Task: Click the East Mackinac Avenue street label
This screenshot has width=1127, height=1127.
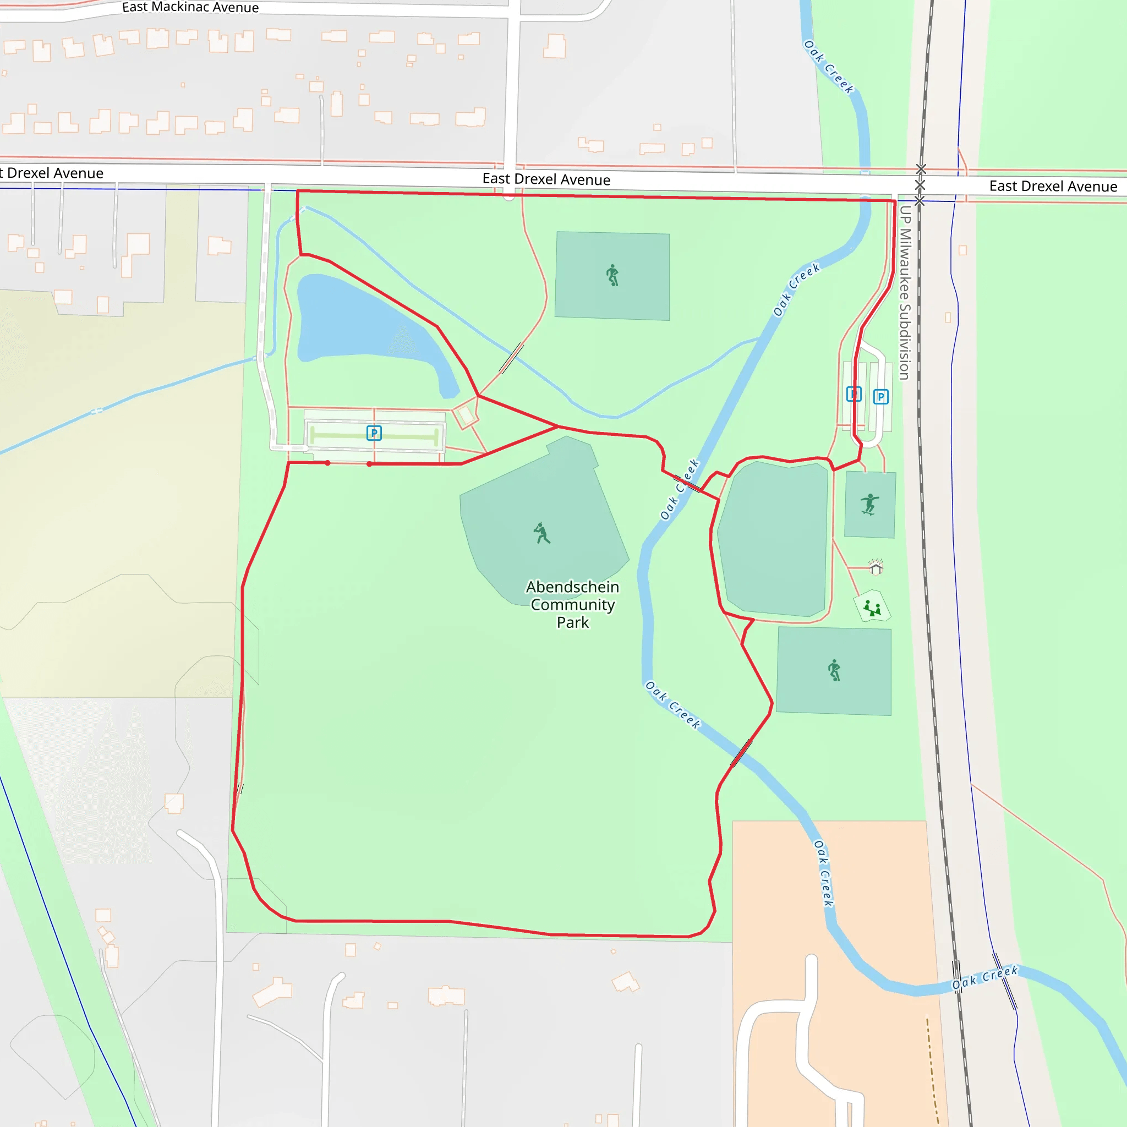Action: click(x=190, y=8)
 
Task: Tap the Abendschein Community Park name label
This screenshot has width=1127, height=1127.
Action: click(x=572, y=604)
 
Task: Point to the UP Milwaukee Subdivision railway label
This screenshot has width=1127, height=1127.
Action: click(x=904, y=292)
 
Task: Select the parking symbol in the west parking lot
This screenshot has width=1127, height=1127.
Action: click(x=374, y=433)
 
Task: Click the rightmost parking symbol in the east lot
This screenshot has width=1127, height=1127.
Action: click(x=880, y=397)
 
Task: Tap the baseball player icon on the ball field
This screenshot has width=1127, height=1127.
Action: click(x=541, y=533)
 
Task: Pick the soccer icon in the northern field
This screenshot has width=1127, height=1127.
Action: click(x=612, y=275)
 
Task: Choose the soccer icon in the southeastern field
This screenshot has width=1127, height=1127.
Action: click(x=834, y=670)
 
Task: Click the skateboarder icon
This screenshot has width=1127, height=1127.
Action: click(x=869, y=504)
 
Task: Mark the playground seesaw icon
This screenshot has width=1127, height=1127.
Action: click(x=872, y=608)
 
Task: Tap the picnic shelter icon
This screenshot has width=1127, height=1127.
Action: click(x=876, y=567)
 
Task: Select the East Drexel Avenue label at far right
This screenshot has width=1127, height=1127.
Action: click(x=1053, y=186)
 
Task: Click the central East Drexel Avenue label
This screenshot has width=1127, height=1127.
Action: click(x=546, y=179)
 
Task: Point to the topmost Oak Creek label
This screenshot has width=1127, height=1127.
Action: click(x=828, y=67)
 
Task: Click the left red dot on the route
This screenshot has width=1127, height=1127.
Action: click(x=328, y=463)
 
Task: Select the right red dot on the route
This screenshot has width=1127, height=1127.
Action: click(x=369, y=464)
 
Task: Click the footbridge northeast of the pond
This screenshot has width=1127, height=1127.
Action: click(x=511, y=358)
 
